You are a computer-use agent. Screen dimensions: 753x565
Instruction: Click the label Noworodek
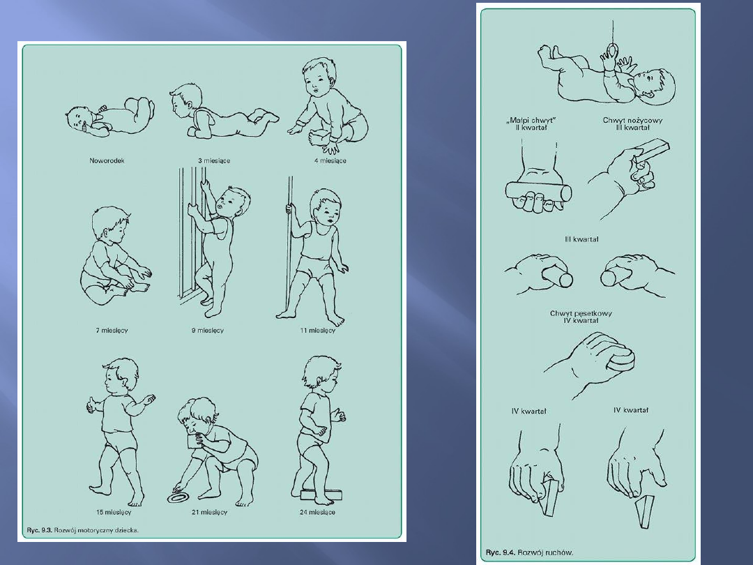pyautogui.click(x=107, y=160)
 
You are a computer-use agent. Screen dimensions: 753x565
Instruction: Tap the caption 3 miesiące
pyautogui.click(x=214, y=160)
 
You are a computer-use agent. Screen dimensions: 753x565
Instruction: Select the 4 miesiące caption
pyautogui.click(x=330, y=160)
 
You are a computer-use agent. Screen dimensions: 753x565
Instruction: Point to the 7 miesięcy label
pyautogui.click(x=112, y=330)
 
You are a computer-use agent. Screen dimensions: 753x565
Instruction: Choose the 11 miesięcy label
pyautogui.click(x=318, y=330)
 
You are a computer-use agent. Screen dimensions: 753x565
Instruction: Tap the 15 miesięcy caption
pyautogui.click(x=114, y=512)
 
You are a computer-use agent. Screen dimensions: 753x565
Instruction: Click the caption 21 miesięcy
pyautogui.click(x=209, y=512)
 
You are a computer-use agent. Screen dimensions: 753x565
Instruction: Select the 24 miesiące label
pyautogui.click(x=317, y=512)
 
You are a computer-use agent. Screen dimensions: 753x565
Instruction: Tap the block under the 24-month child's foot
pyautogui.click(x=321, y=494)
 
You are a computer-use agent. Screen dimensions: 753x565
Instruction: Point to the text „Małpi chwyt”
pyautogui.click(x=531, y=120)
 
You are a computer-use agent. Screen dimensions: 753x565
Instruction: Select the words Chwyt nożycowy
pyautogui.click(x=632, y=120)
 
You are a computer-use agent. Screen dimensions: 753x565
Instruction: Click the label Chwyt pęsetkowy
pyautogui.click(x=581, y=313)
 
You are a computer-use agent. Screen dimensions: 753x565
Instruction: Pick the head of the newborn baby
pyautogui.click(x=79, y=119)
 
